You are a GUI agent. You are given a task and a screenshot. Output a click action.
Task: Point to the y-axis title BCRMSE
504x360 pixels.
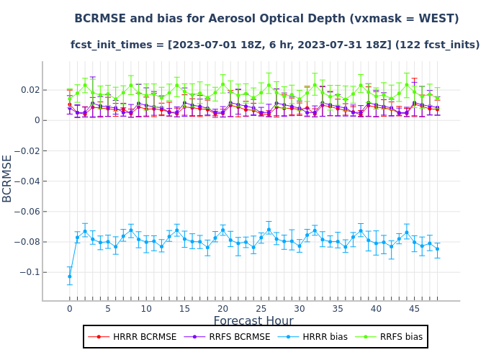[x=8, y=178]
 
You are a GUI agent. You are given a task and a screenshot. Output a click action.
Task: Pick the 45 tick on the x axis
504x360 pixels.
[x=414, y=309]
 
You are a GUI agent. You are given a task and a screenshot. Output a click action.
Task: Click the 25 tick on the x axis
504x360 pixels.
[x=261, y=309]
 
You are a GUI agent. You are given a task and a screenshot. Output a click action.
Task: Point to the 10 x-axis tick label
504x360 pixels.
[x=146, y=309]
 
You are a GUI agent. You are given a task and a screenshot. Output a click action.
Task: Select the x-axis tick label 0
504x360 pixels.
[x=70, y=309]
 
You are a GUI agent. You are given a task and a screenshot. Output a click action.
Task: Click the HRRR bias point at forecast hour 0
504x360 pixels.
[x=70, y=276]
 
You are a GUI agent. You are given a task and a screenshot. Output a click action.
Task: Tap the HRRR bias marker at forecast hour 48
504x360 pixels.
[x=437, y=249]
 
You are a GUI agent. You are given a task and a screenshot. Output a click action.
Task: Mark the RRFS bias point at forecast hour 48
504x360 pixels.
[x=437, y=98]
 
